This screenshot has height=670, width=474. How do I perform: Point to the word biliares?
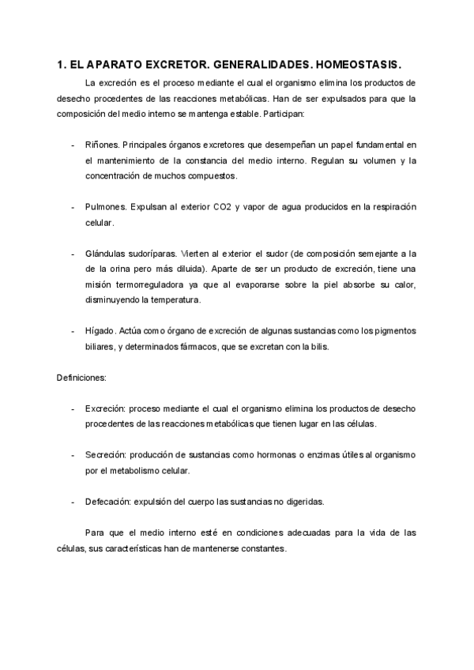coord(100,347)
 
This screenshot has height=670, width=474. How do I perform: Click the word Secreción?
coord(105,456)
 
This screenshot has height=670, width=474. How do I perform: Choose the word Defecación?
coord(109,502)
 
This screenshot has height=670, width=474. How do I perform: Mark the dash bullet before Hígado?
coord(73,331)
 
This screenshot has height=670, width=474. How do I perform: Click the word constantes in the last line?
coord(265,548)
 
